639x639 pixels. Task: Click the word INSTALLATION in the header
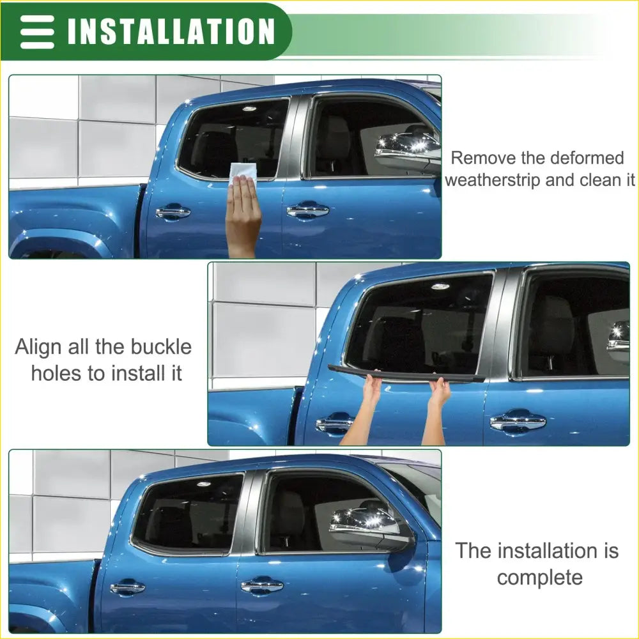click(171, 31)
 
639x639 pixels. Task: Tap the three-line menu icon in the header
click(37, 31)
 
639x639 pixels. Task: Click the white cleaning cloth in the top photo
click(243, 173)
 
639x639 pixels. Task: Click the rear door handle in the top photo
click(173, 212)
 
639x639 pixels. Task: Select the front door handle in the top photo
click(307, 210)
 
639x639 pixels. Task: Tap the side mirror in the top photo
click(409, 151)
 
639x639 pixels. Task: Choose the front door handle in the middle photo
click(518, 421)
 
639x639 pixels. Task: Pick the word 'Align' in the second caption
click(39, 347)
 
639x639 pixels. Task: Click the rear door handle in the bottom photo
click(127, 587)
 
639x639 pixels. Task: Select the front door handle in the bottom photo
click(261, 585)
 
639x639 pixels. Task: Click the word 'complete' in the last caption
click(539, 578)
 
